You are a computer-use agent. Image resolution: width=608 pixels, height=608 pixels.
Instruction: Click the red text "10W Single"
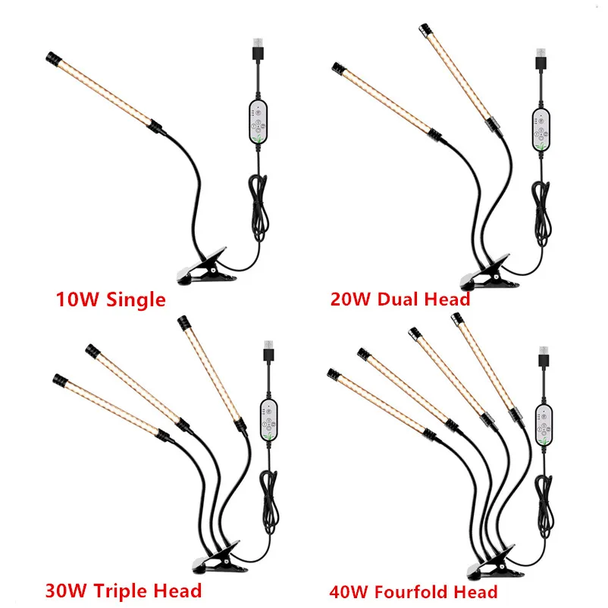[111, 299]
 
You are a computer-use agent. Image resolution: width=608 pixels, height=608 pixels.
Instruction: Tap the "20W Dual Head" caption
[400, 299]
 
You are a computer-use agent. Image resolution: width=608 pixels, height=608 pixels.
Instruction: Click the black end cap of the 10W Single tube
[52, 58]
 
